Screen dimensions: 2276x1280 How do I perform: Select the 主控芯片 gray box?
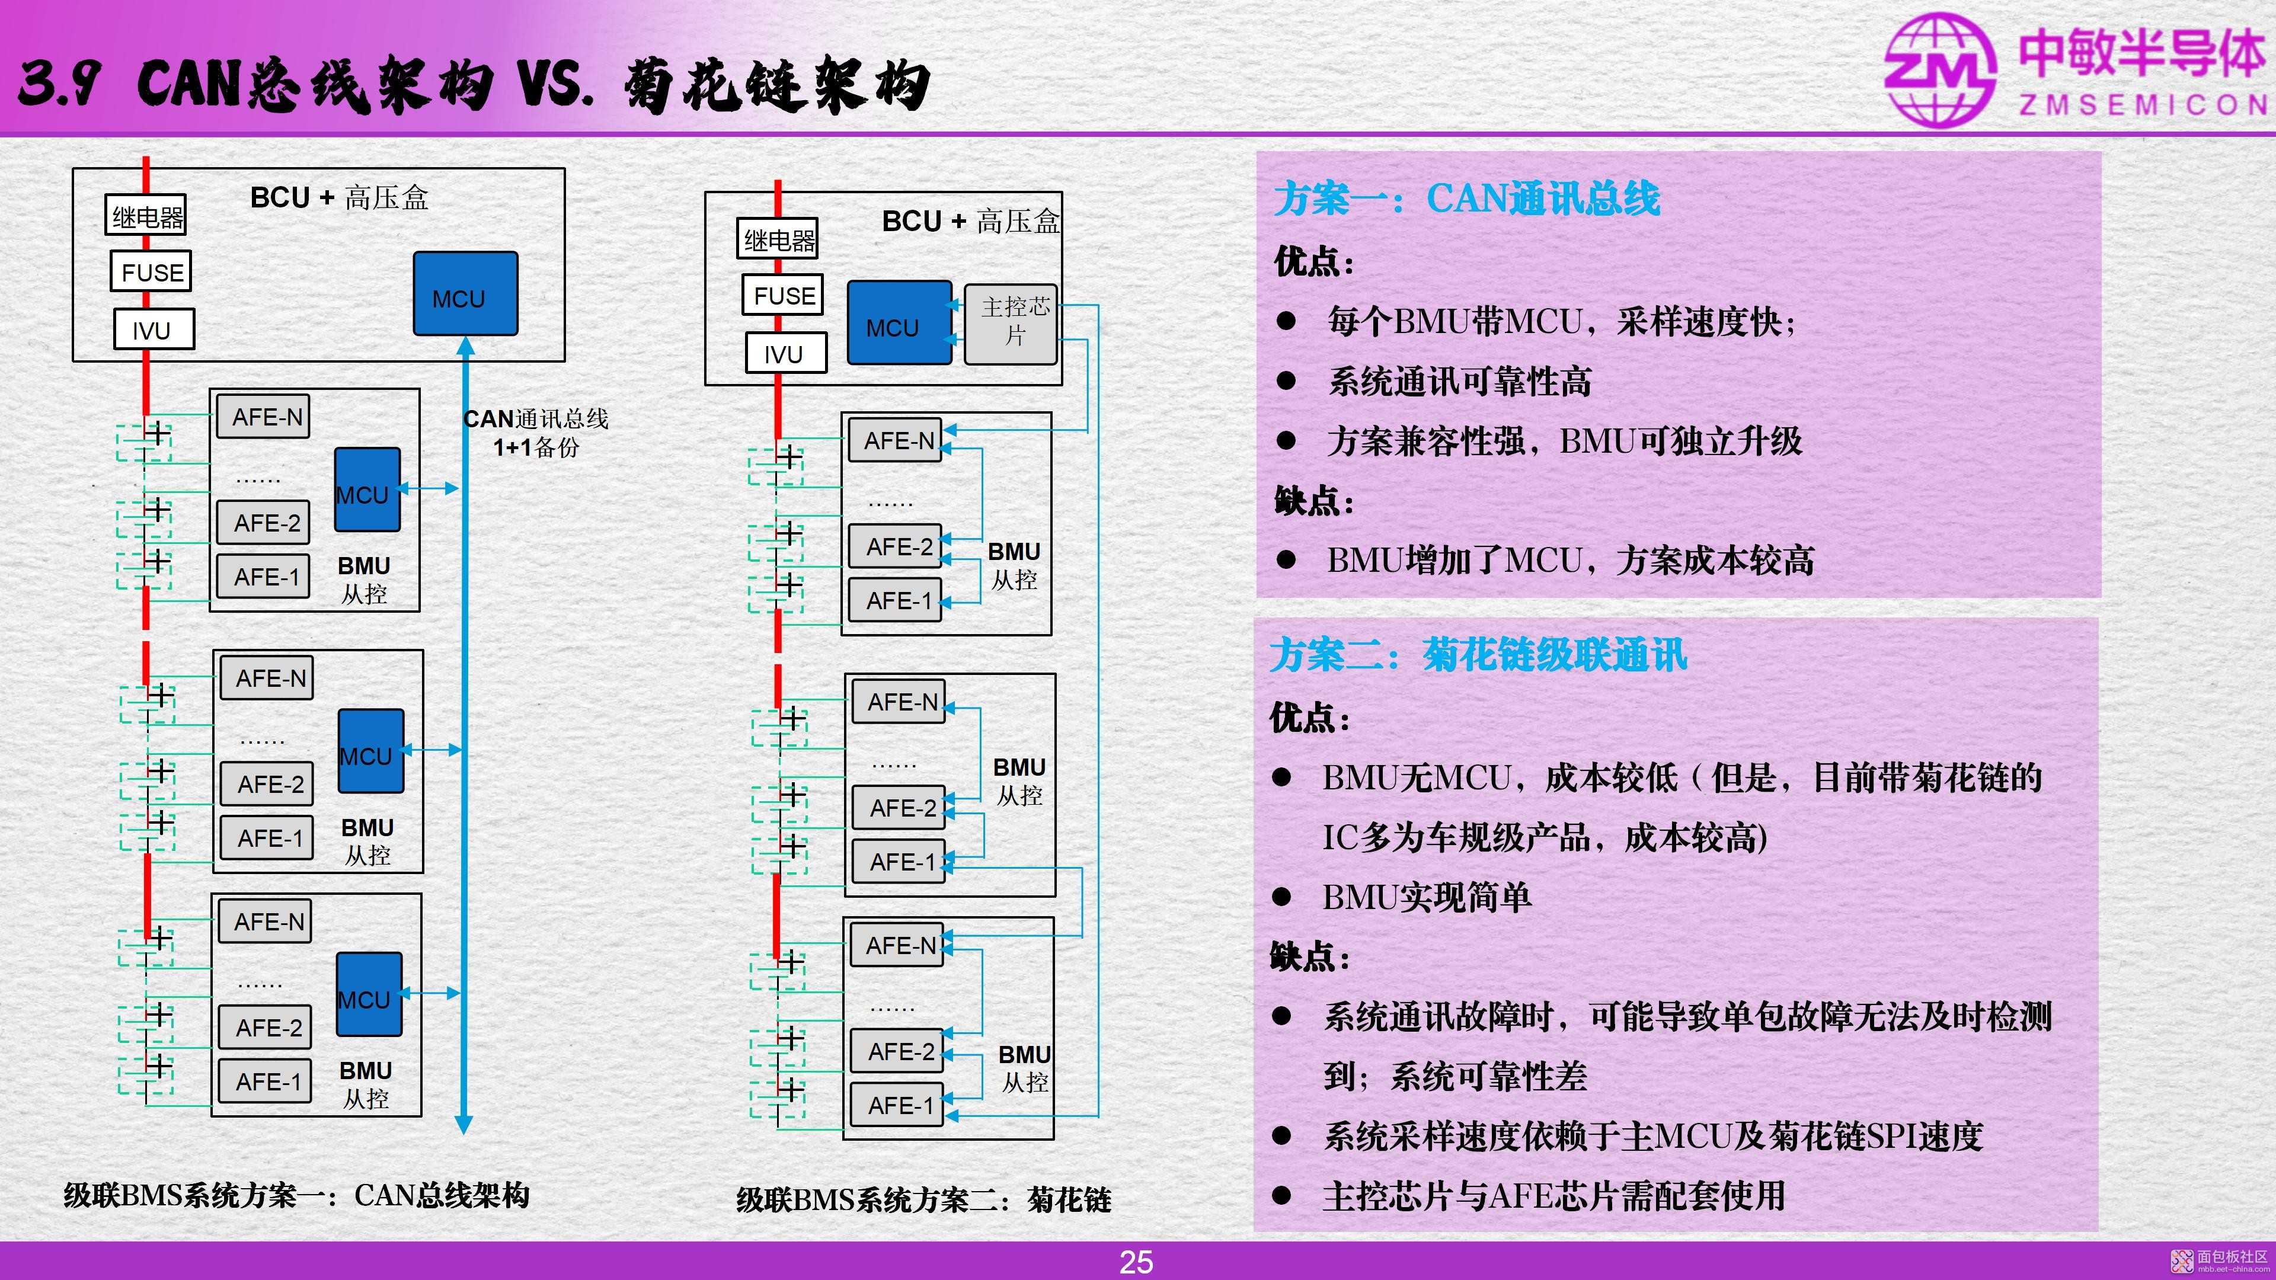(1011, 324)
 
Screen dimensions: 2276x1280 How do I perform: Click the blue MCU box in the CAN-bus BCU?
(466, 294)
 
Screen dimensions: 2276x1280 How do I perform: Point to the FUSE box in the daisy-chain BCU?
(784, 295)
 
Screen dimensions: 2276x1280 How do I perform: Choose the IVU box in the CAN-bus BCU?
(154, 329)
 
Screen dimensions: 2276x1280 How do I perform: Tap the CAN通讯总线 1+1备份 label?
(536, 432)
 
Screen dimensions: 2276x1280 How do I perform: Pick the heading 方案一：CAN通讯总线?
(1467, 198)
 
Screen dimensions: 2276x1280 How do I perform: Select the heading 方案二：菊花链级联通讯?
(1478, 655)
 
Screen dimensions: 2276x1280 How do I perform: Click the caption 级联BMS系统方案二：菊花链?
(923, 1199)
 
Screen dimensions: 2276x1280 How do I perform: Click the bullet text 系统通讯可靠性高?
(1460, 382)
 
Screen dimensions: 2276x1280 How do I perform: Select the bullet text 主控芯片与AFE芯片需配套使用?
(1554, 1195)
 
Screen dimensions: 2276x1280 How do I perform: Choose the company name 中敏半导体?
(2141, 51)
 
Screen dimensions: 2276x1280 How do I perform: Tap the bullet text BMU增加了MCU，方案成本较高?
(1570, 560)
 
